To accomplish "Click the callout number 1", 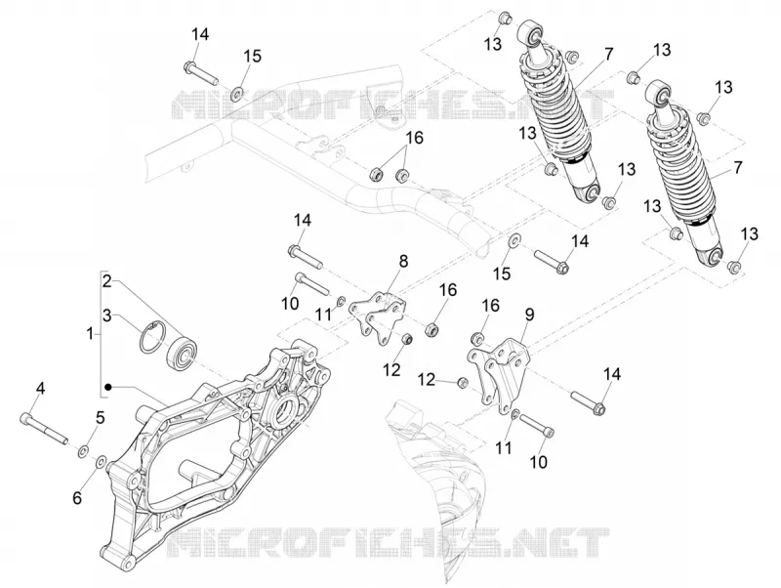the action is point(90,333).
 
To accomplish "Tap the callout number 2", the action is point(107,281).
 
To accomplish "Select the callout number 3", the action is point(107,315).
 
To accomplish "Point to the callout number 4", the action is point(40,388).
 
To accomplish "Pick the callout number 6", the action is point(77,497).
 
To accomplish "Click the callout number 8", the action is point(403,261).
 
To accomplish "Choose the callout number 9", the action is point(529,314).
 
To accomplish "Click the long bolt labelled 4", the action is point(44,427).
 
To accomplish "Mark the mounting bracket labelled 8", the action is point(377,317).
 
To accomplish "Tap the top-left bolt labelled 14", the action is point(201,72).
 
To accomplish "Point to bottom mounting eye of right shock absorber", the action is point(715,257).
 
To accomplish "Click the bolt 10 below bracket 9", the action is point(536,427).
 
